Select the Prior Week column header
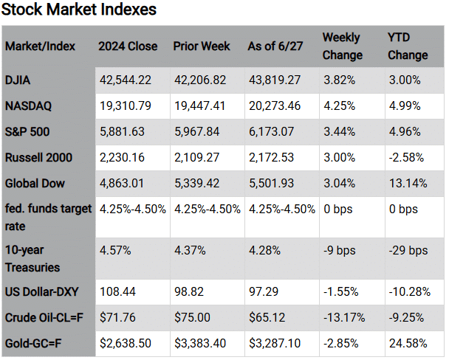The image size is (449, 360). pos(203,46)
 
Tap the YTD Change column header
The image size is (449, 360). pos(407,46)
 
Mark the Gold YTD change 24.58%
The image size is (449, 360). pos(405,343)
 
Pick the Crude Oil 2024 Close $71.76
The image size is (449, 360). pos(118,316)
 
